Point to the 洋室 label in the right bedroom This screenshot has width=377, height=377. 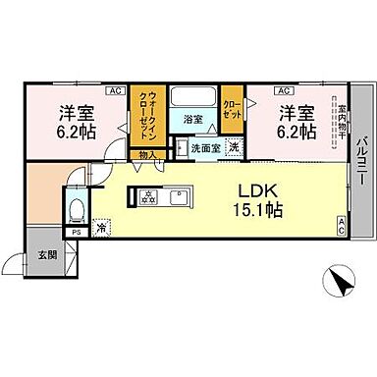[x=296, y=112]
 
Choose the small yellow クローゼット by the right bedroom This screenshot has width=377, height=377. [x=233, y=108]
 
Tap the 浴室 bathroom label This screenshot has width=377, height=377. [x=193, y=121]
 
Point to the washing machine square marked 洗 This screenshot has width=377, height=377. [x=234, y=147]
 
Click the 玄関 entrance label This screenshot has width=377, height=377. [x=45, y=255]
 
